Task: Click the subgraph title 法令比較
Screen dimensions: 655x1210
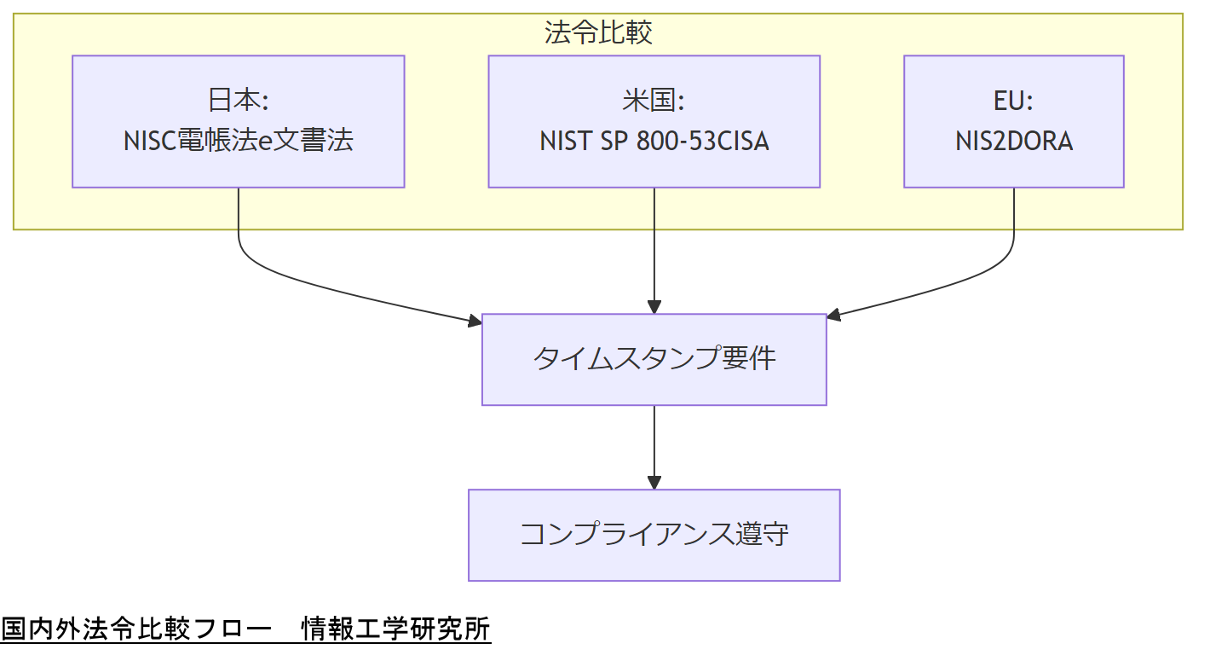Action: tap(598, 32)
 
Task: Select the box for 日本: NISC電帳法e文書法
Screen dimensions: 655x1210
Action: tap(238, 121)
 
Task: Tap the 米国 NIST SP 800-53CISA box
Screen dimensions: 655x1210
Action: tap(654, 121)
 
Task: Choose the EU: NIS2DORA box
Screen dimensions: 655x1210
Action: tap(1013, 121)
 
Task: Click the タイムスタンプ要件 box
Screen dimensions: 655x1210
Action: tap(654, 359)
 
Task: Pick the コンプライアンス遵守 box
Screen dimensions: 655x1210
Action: tap(654, 535)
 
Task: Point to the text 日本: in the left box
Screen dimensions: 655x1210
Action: tap(238, 101)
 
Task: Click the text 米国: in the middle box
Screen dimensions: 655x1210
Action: tap(654, 101)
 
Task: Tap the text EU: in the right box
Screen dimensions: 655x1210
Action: tap(1013, 101)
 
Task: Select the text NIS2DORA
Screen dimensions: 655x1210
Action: tap(1013, 141)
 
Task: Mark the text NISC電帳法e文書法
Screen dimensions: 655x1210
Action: tap(238, 141)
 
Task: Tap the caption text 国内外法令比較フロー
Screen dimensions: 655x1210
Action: tap(136, 629)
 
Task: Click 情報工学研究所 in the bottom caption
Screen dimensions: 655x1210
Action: tap(396, 629)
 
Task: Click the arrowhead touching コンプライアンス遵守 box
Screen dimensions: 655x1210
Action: tap(654, 482)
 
